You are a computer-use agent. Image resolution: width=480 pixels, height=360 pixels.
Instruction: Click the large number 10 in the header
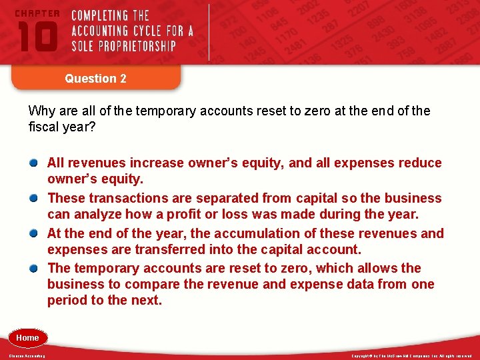click(x=37, y=36)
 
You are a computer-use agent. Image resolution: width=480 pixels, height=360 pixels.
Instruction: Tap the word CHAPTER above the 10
click(x=37, y=13)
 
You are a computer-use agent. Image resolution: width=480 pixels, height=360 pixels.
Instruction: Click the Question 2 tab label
click(x=95, y=79)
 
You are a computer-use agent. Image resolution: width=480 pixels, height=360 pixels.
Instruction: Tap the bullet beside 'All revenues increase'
click(x=33, y=163)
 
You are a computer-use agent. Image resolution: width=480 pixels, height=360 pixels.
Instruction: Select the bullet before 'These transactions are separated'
click(x=33, y=199)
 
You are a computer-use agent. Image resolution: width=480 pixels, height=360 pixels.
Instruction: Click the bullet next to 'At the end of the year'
click(x=33, y=234)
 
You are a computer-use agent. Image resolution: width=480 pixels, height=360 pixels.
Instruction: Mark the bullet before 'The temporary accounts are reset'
click(x=33, y=269)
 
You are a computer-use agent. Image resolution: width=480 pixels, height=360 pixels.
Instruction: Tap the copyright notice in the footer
click(x=411, y=356)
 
